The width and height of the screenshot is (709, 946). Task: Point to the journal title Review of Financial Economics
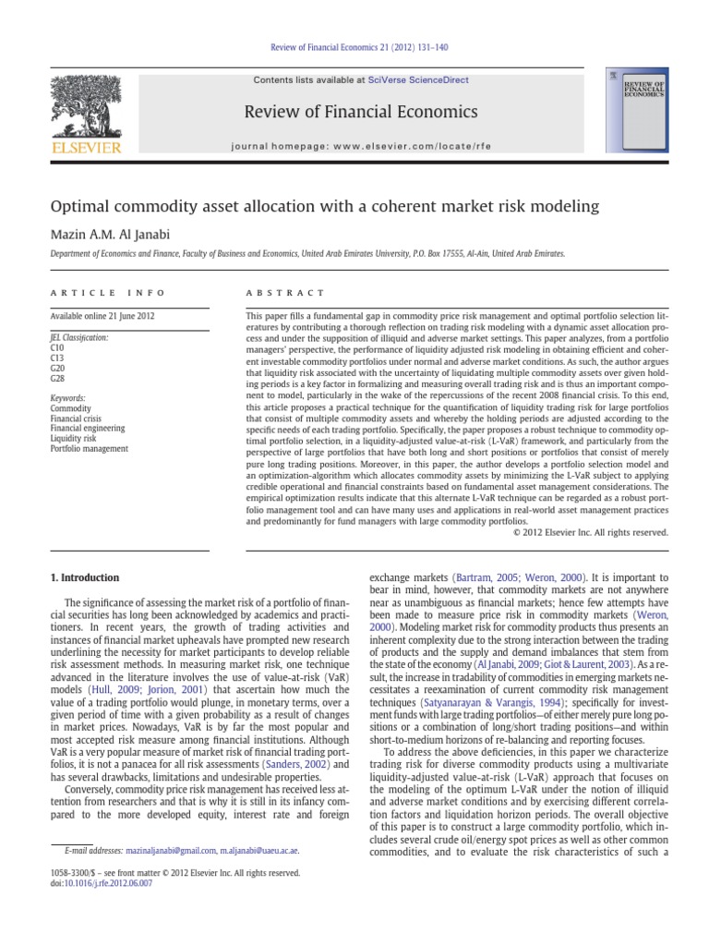coord(360,113)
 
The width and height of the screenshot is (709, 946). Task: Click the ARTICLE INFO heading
coord(107,293)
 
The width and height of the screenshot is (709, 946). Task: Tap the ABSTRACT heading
coord(285,293)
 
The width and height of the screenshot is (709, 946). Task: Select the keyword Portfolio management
coord(90,449)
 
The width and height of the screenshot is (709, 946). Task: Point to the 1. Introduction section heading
coord(84,578)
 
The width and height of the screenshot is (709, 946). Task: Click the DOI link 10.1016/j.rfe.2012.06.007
coord(114,883)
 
